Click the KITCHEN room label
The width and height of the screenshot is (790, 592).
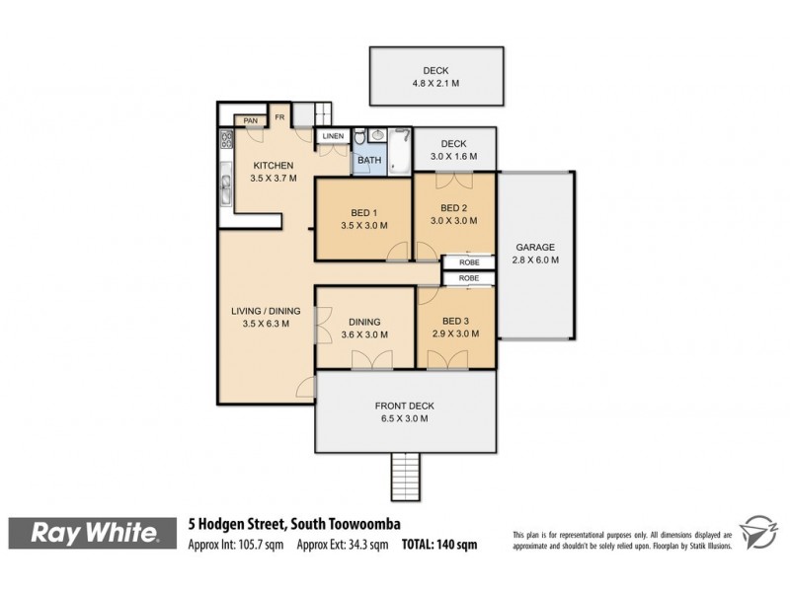pyautogui.click(x=273, y=165)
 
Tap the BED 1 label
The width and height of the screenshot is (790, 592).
pyautogui.click(x=363, y=212)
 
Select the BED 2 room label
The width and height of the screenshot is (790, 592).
pyautogui.click(x=453, y=207)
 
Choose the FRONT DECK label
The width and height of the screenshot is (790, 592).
pyautogui.click(x=404, y=406)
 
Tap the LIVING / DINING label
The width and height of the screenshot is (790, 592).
pyautogui.click(x=262, y=312)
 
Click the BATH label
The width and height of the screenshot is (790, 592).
pyautogui.click(x=368, y=160)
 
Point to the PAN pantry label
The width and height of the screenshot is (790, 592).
pyautogui.click(x=250, y=120)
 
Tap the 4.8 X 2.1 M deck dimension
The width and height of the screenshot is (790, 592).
pyautogui.click(x=435, y=84)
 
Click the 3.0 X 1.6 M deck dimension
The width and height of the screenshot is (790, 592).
pyautogui.click(x=453, y=156)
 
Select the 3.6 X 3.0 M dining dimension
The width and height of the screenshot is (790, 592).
pyautogui.click(x=363, y=334)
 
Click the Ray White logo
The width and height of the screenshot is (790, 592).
pyautogui.click(x=95, y=534)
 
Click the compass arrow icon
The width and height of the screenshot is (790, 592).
pyautogui.click(x=759, y=534)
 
